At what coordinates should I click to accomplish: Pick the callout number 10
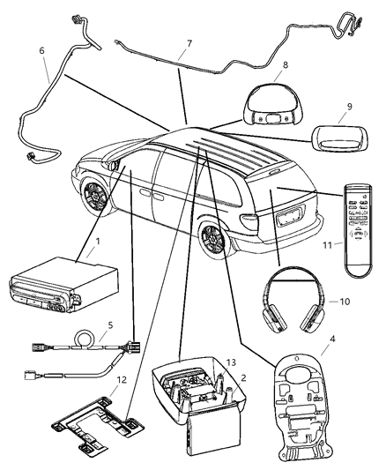[345, 302]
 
